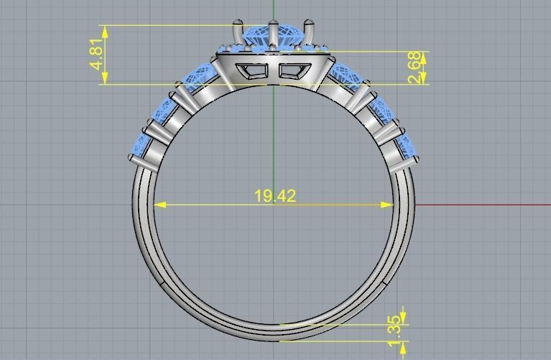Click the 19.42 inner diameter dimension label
(x=275, y=195)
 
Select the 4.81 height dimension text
(x=97, y=55)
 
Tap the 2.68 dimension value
(x=415, y=68)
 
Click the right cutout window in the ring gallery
(x=292, y=70)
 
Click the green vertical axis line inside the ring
(x=274, y=144)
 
